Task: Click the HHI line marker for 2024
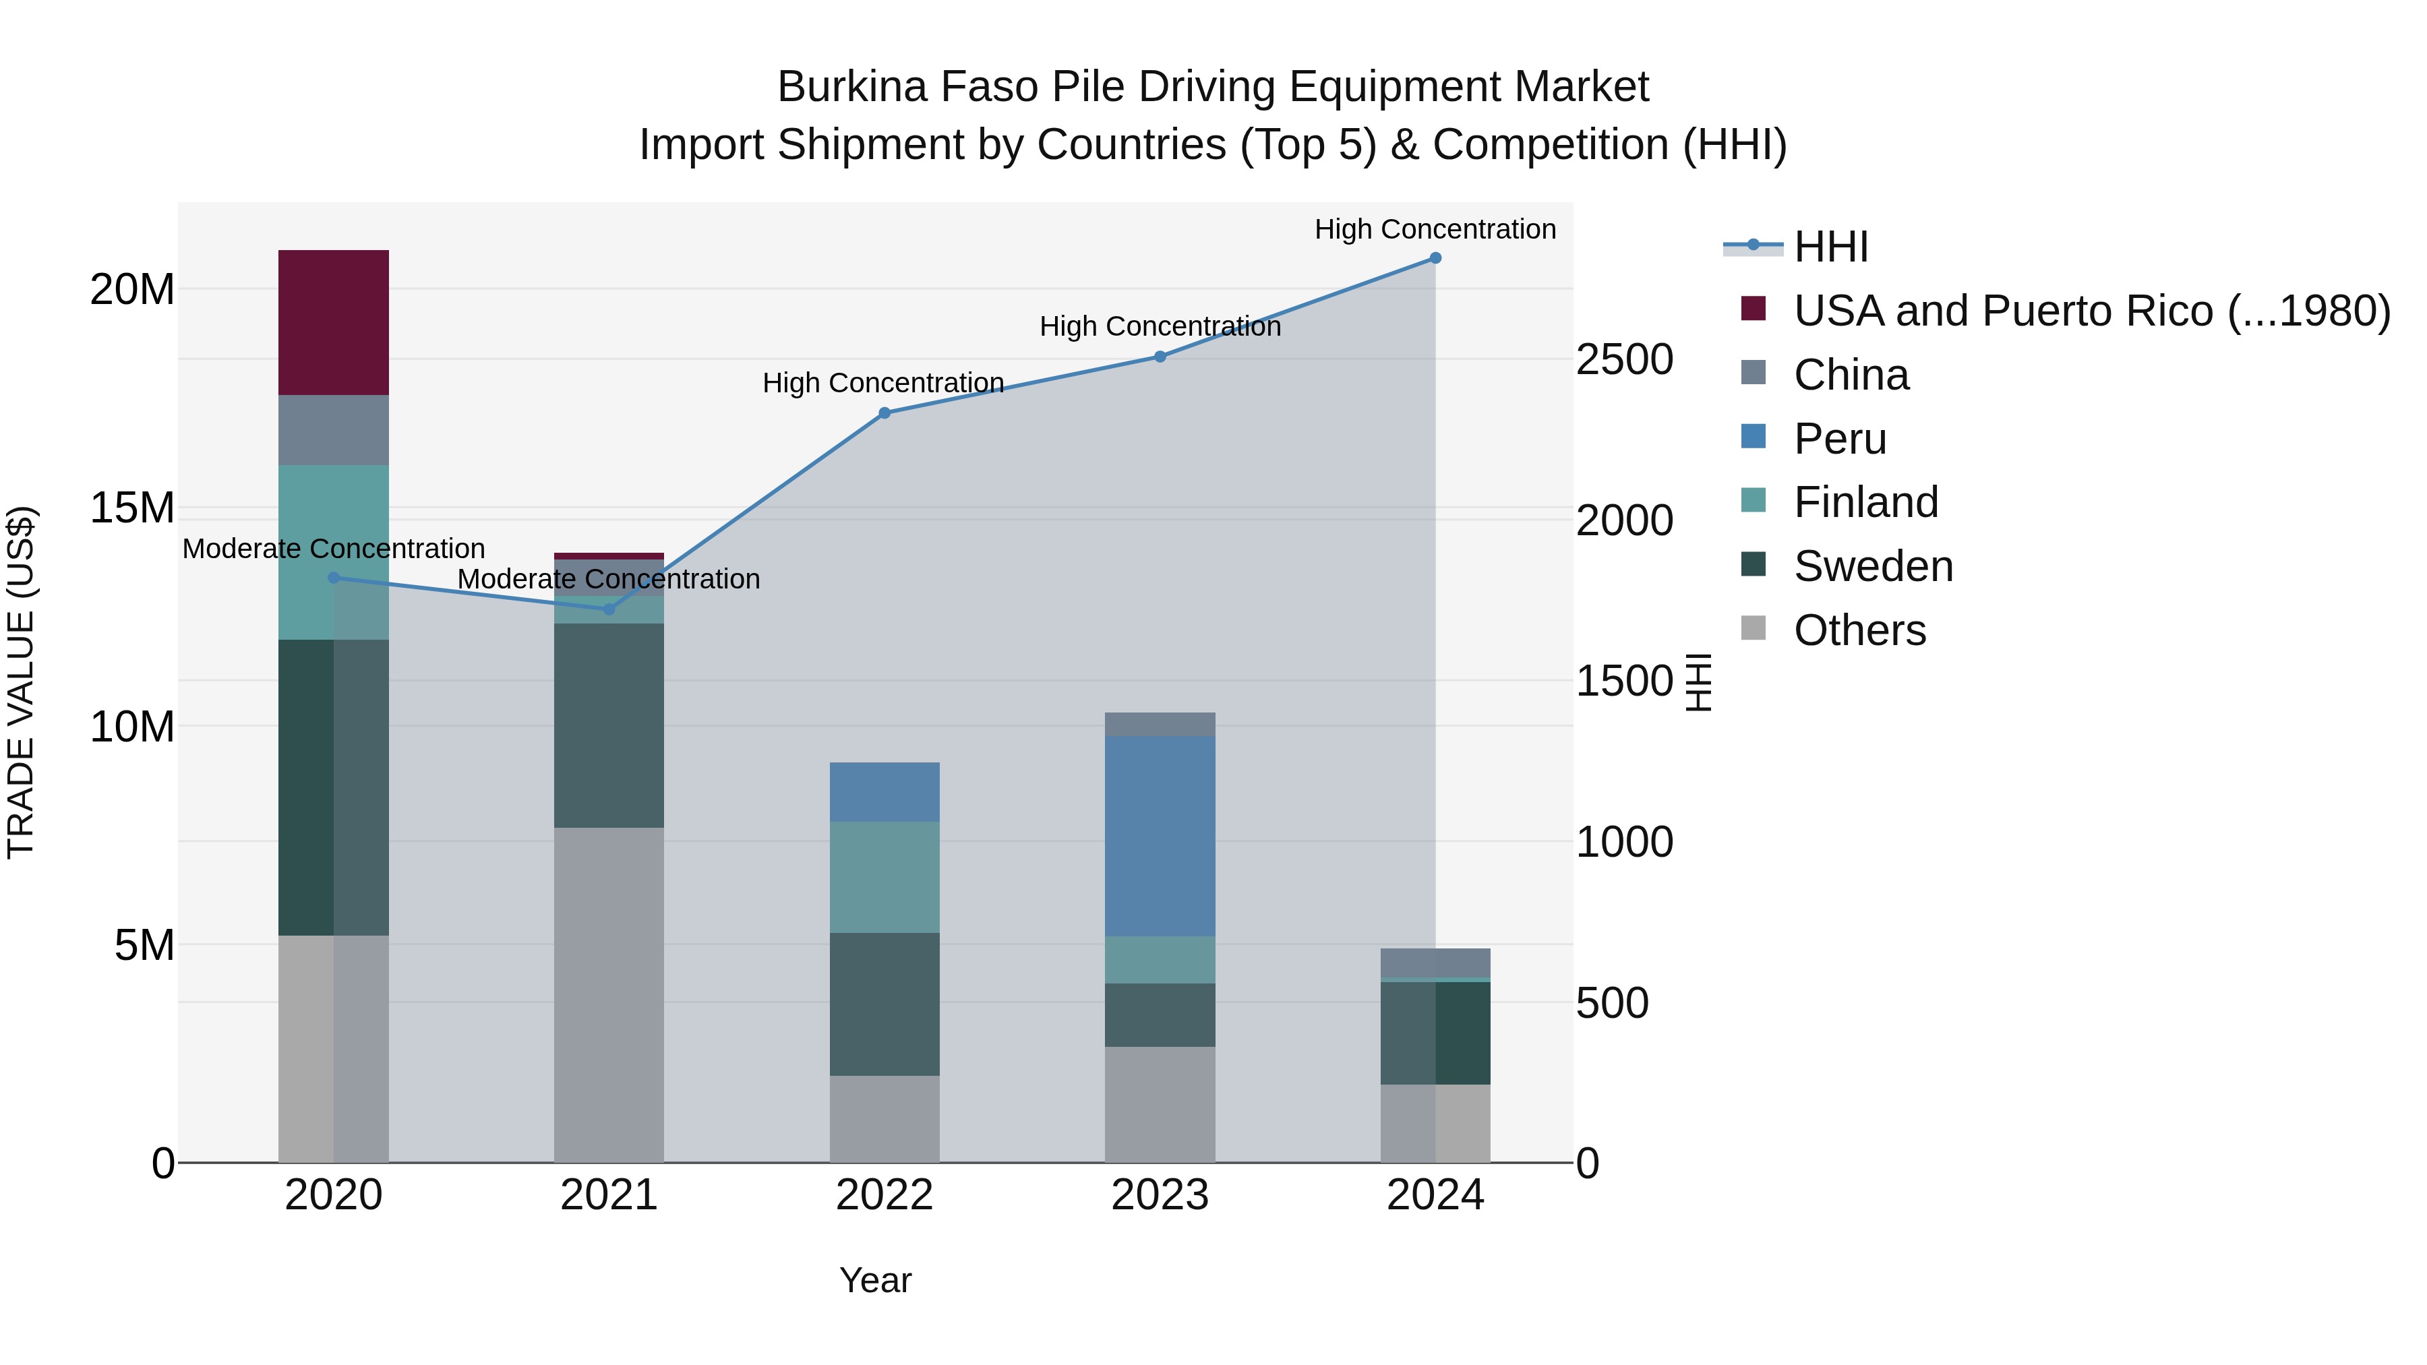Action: [x=1435, y=258]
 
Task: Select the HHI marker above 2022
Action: [x=884, y=413]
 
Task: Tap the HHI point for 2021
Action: [x=609, y=609]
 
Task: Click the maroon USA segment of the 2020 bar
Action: [x=334, y=322]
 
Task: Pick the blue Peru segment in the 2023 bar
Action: [x=1160, y=836]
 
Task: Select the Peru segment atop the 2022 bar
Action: [x=884, y=791]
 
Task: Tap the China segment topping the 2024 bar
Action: [x=1435, y=963]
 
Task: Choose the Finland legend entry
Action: [x=1865, y=502]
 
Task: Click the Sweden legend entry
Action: [x=1872, y=566]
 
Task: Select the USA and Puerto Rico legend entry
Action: [x=2091, y=311]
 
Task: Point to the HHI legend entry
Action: [x=1830, y=247]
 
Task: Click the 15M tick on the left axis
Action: [x=132, y=508]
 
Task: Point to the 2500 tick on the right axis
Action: [x=1624, y=360]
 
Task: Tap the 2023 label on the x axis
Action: [x=1160, y=1195]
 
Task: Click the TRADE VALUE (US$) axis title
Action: [x=21, y=682]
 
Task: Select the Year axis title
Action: [x=875, y=1280]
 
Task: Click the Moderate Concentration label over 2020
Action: [x=334, y=548]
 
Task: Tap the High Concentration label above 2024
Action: [x=1435, y=229]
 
